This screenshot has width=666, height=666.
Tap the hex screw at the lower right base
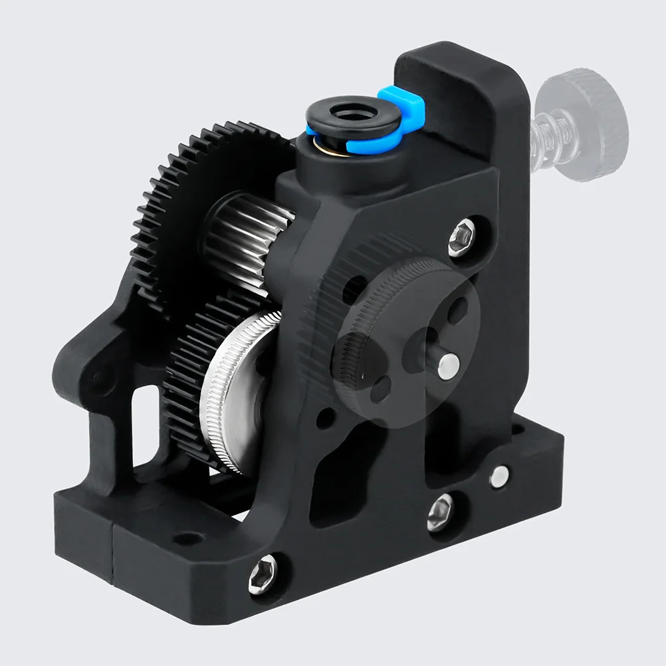pos(440,512)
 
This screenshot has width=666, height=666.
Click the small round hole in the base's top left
pos(189,537)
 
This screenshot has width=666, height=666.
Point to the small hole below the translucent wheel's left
pos(326,417)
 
